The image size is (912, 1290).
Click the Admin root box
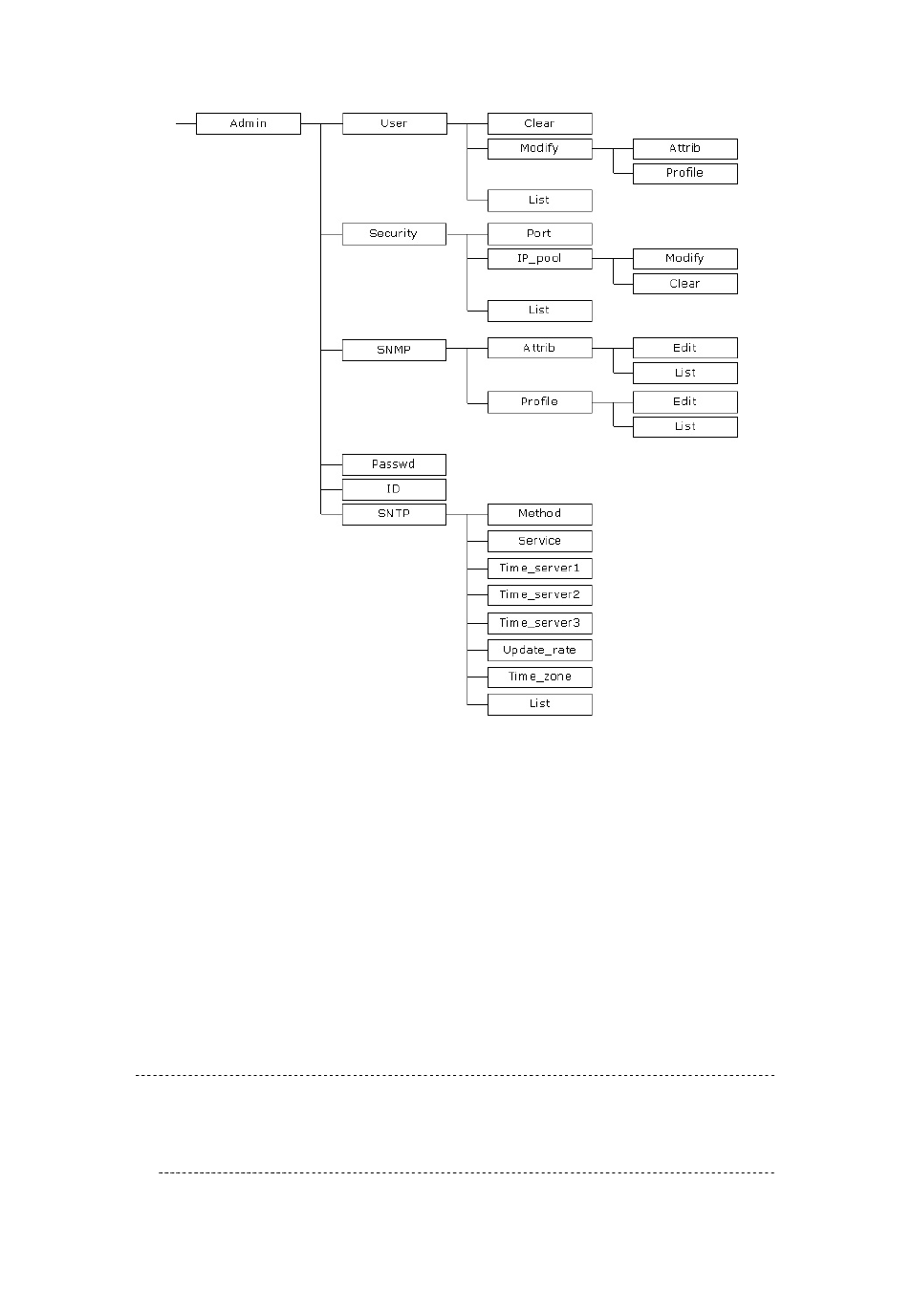tap(248, 123)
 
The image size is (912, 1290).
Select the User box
tap(394, 123)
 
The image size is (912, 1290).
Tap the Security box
tap(394, 233)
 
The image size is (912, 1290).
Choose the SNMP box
tap(394, 350)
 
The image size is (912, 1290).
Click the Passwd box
tap(394, 464)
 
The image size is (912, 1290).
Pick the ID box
tap(394, 489)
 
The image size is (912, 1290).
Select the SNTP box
tap(394, 514)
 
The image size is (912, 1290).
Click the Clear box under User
tap(539, 123)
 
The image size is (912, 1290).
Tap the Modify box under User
tap(539, 148)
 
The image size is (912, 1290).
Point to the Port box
tap(539, 233)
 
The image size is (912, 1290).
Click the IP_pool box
tap(539, 258)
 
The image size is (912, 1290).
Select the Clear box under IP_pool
tap(684, 284)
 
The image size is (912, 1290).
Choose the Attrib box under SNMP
tap(539, 348)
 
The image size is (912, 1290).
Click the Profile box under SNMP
tap(539, 401)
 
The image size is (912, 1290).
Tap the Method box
tap(539, 514)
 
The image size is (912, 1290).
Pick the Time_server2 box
tap(539, 594)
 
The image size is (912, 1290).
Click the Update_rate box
tap(539, 650)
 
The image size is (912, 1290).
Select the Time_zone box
tap(539, 677)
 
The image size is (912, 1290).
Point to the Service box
tap(539, 541)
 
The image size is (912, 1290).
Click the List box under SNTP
tap(539, 704)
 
